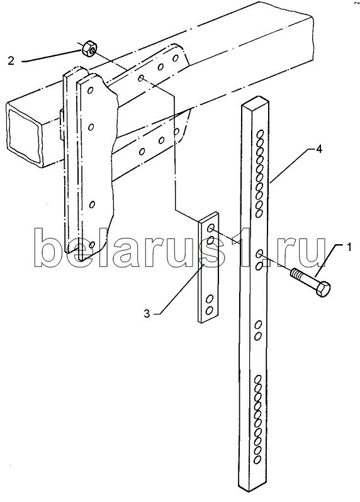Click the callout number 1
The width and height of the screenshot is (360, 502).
[349, 247]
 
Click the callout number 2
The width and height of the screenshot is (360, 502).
[11, 61]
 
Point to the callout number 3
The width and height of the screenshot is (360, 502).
[147, 314]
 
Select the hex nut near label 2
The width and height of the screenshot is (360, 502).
[89, 48]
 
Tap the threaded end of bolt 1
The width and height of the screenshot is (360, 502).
[296, 274]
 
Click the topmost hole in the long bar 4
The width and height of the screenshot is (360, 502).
[261, 133]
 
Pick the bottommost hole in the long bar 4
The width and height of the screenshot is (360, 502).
[257, 460]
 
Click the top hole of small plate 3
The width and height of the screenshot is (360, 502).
[211, 228]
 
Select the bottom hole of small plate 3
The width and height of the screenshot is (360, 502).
[210, 310]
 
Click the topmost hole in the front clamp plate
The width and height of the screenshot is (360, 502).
[91, 91]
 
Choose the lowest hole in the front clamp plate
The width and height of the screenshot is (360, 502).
[93, 245]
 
